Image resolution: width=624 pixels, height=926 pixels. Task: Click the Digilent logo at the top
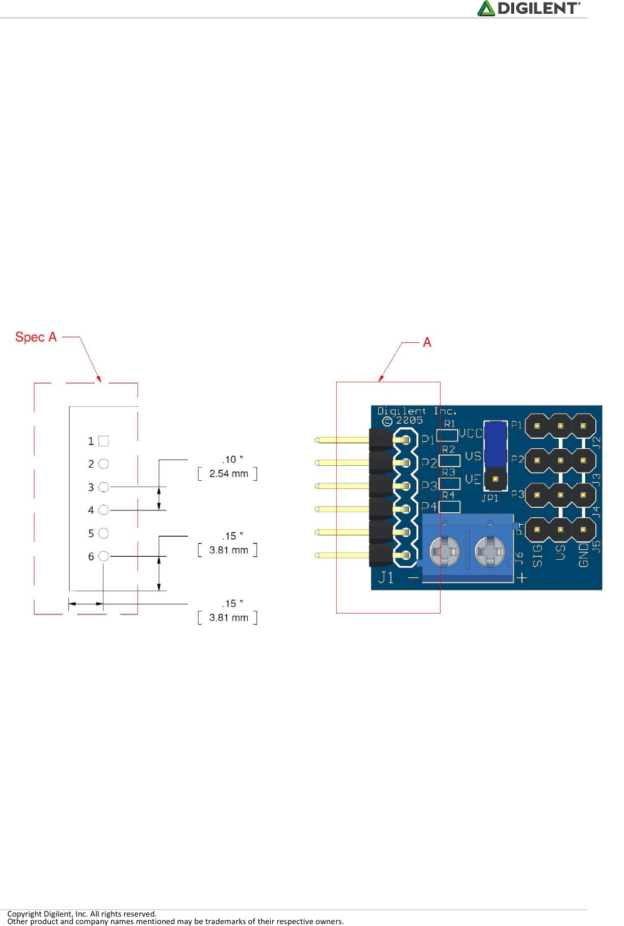[x=529, y=8]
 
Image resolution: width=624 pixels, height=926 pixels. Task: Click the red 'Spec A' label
[x=36, y=337]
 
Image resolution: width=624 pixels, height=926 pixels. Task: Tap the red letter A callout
[x=427, y=342]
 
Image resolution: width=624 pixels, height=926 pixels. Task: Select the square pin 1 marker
[x=104, y=441]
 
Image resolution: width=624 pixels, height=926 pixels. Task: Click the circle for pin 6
[x=104, y=556]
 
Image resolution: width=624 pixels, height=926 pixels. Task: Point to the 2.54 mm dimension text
[x=229, y=474]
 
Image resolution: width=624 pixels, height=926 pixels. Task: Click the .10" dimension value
[x=232, y=460]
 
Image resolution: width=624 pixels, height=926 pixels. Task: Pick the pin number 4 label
[x=91, y=510]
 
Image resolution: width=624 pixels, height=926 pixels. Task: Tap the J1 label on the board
[x=386, y=577]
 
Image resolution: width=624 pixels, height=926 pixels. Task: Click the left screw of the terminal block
[x=445, y=552]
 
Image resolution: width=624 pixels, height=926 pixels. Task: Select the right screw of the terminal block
[x=490, y=552]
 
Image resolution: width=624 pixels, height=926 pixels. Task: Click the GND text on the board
[x=584, y=555]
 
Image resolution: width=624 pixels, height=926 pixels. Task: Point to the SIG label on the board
[x=537, y=555]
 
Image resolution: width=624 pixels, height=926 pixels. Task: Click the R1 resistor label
[x=449, y=424]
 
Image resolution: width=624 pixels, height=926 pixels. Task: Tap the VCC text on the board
[x=470, y=433]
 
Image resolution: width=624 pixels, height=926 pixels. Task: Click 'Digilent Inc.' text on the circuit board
[x=416, y=411]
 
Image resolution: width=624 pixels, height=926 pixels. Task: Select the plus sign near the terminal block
[x=521, y=577]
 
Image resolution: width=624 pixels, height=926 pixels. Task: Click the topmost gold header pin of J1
[x=342, y=440]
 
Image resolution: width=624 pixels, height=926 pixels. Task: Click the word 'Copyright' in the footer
[x=24, y=913]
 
